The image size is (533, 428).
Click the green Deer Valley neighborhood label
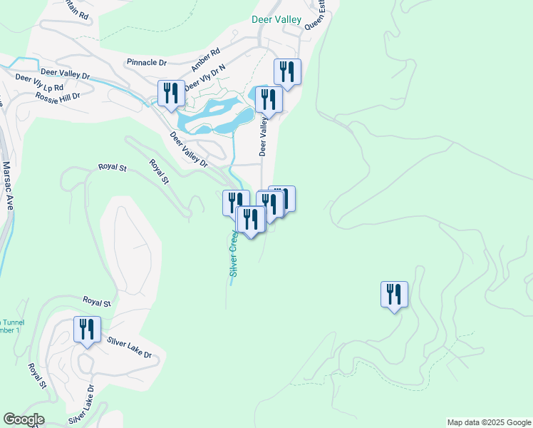click(x=276, y=20)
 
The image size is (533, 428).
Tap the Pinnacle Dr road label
click(x=147, y=62)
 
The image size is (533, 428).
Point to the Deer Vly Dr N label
click(x=205, y=79)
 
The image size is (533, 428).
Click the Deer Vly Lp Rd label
click(x=39, y=83)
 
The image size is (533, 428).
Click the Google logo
click(x=24, y=419)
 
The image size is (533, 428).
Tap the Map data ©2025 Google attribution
click(x=489, y=422)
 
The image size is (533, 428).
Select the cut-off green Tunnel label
click(x=12, y=322)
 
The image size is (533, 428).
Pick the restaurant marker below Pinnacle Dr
click(x=172, y=93)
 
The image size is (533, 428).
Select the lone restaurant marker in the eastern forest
click(x=395, y=294)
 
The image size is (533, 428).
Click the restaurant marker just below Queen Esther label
click(x=287, y=71)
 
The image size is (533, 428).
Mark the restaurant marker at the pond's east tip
click(x=269, y=99)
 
